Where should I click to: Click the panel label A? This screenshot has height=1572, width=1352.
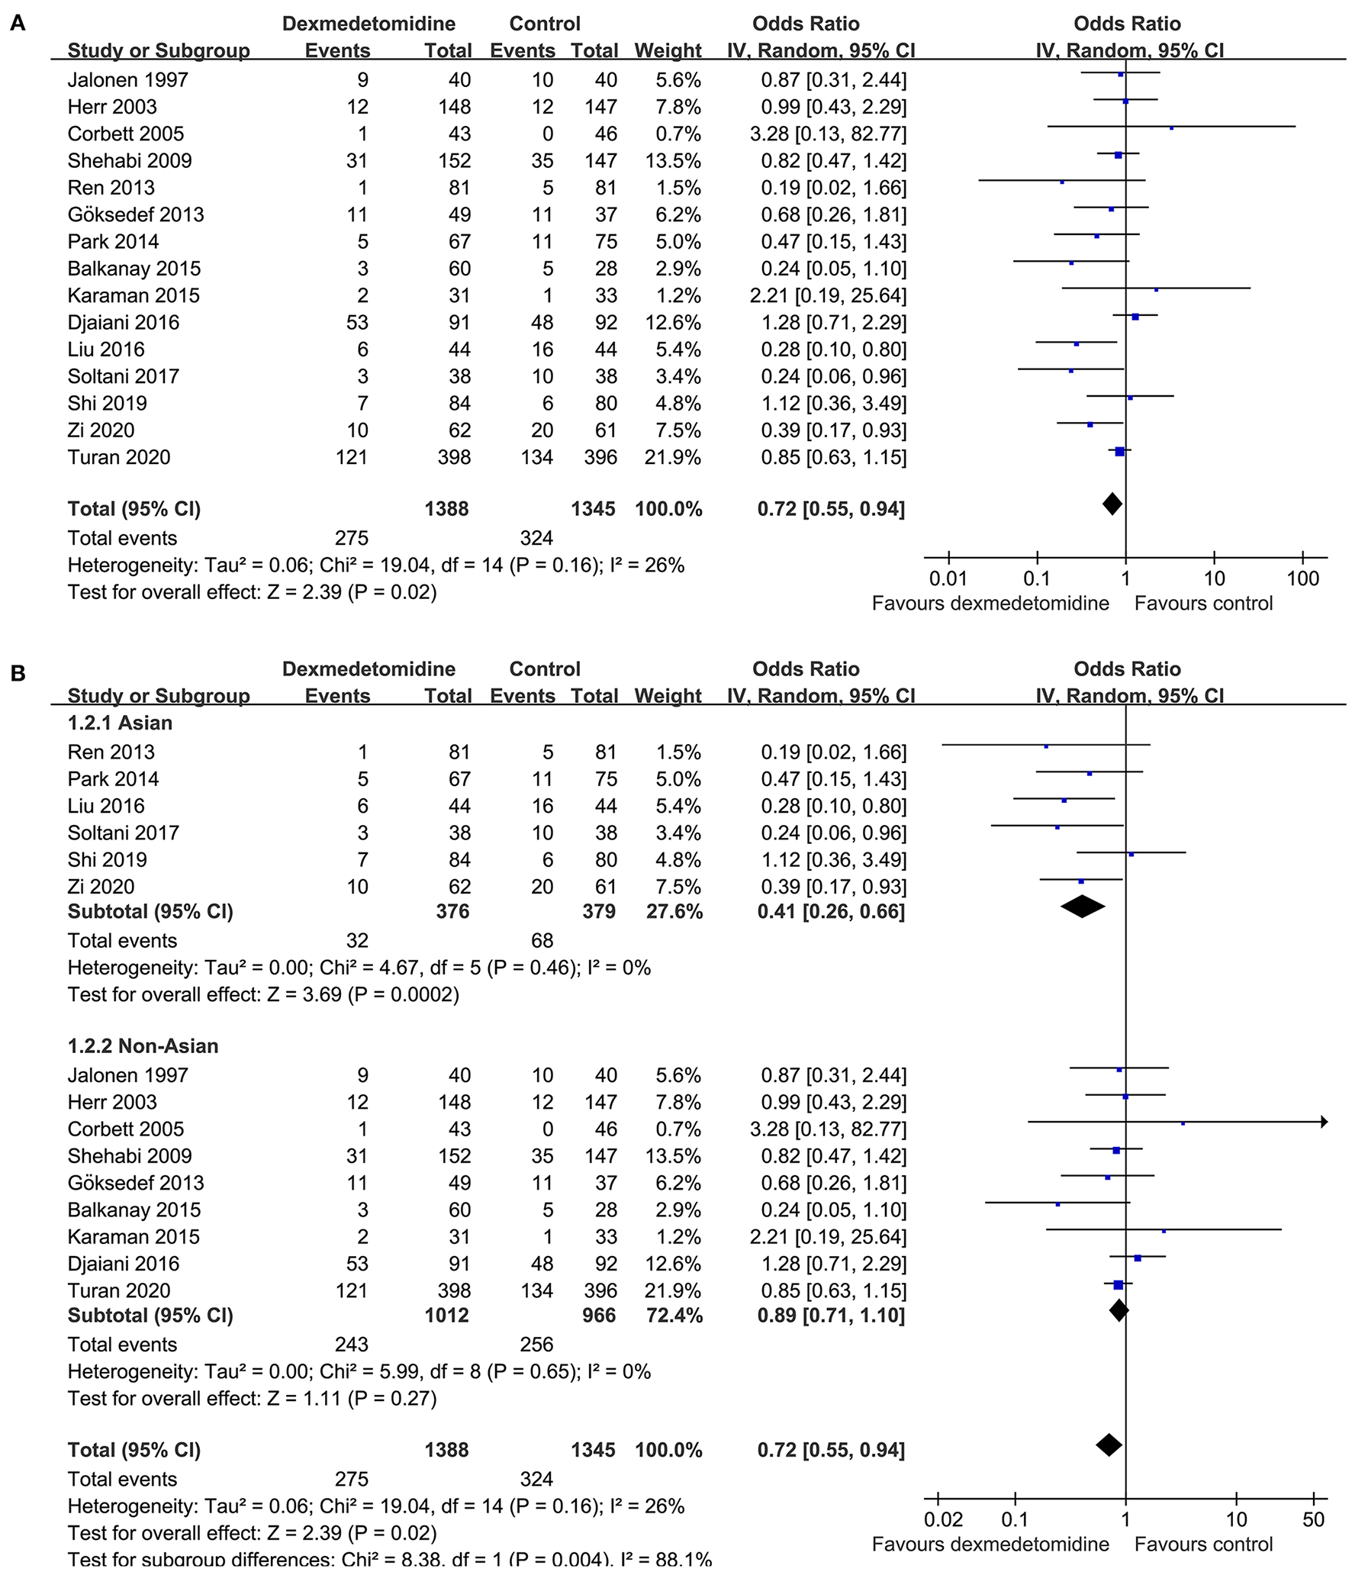(17, 24)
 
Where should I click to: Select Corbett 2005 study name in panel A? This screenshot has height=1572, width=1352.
(126, 134)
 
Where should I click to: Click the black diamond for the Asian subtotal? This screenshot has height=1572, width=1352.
(1082, 907)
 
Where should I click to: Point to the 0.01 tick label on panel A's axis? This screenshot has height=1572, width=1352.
(948, 578)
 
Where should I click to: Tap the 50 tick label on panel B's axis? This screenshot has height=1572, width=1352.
(1313, 1519)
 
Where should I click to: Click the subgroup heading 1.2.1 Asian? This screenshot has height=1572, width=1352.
(120, 723)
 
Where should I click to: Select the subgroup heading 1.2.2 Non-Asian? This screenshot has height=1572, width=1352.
(143, 1045)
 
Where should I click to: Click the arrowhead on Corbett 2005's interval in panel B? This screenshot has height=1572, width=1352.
(1324, 1123)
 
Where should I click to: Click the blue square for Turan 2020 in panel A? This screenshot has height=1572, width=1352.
(1119, 452)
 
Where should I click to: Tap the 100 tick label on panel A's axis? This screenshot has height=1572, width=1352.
(1302, 578)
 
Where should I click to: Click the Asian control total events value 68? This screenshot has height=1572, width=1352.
(542, 940)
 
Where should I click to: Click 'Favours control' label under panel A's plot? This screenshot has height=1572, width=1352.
(1203, 604)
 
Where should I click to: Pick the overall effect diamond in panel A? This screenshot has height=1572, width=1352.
(1112, 504)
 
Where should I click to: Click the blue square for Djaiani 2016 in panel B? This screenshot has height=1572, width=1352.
(1138, 1258)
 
